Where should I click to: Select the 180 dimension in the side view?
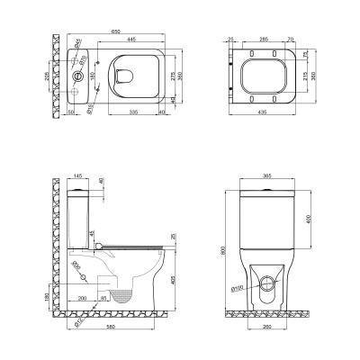(x=48, y=295)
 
